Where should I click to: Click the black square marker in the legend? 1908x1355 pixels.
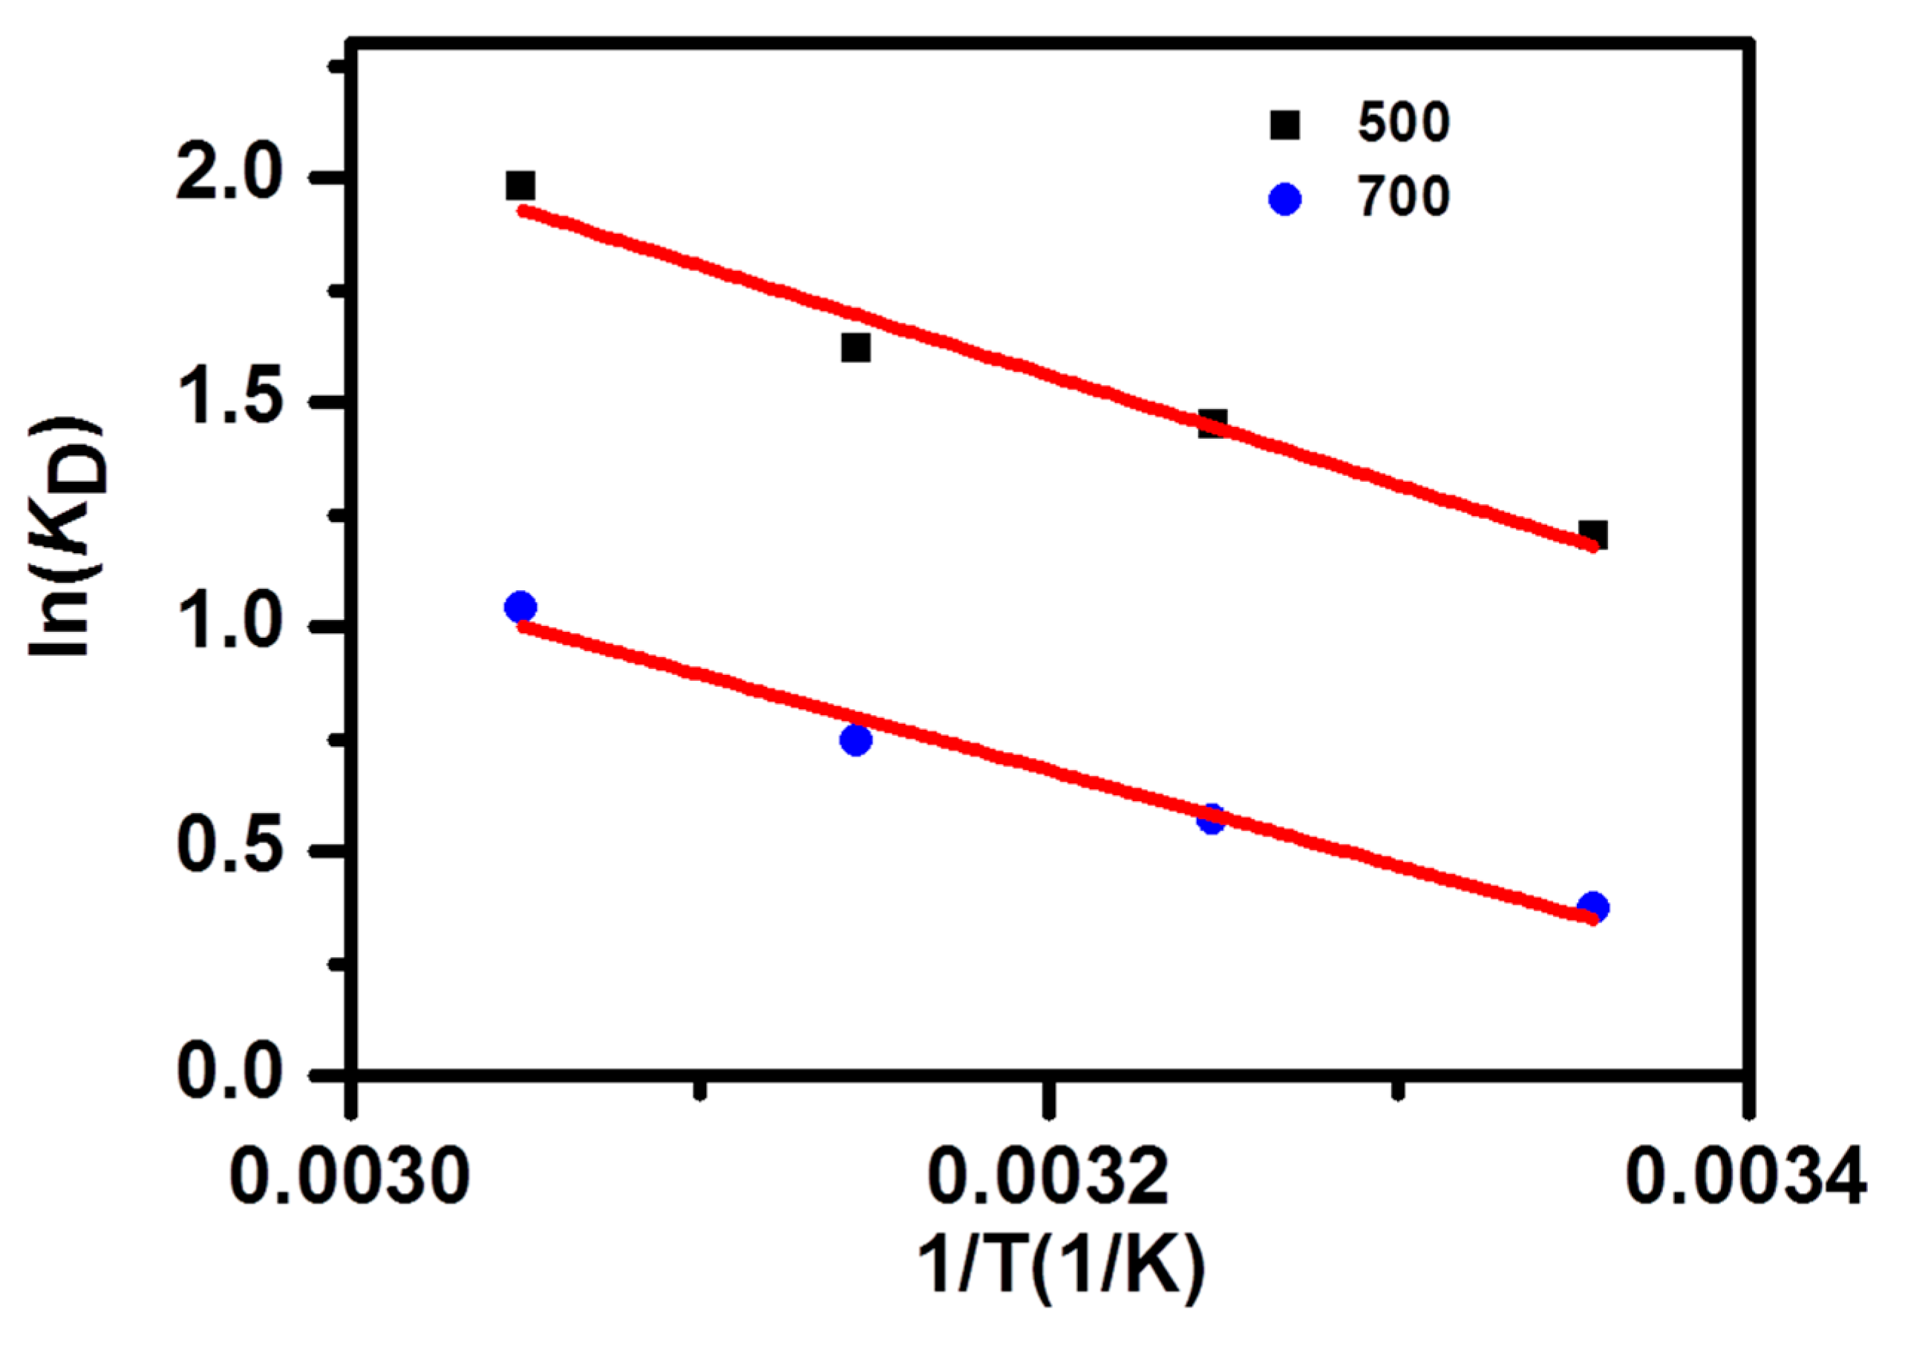1285,125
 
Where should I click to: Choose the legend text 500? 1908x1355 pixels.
1404,123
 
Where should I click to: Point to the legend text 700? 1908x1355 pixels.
1404,197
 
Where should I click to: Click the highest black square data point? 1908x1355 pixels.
520,185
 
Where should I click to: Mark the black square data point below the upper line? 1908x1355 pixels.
856,347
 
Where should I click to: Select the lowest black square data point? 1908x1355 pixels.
1592,534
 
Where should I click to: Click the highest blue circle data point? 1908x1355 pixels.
520,607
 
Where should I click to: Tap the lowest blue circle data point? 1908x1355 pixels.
1592,907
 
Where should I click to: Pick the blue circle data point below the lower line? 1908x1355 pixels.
856,739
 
